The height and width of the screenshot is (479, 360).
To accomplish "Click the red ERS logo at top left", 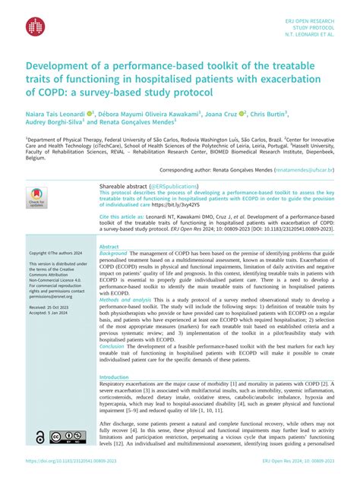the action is (36, 26).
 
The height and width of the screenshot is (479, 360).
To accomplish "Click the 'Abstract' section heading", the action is (109, 247).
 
